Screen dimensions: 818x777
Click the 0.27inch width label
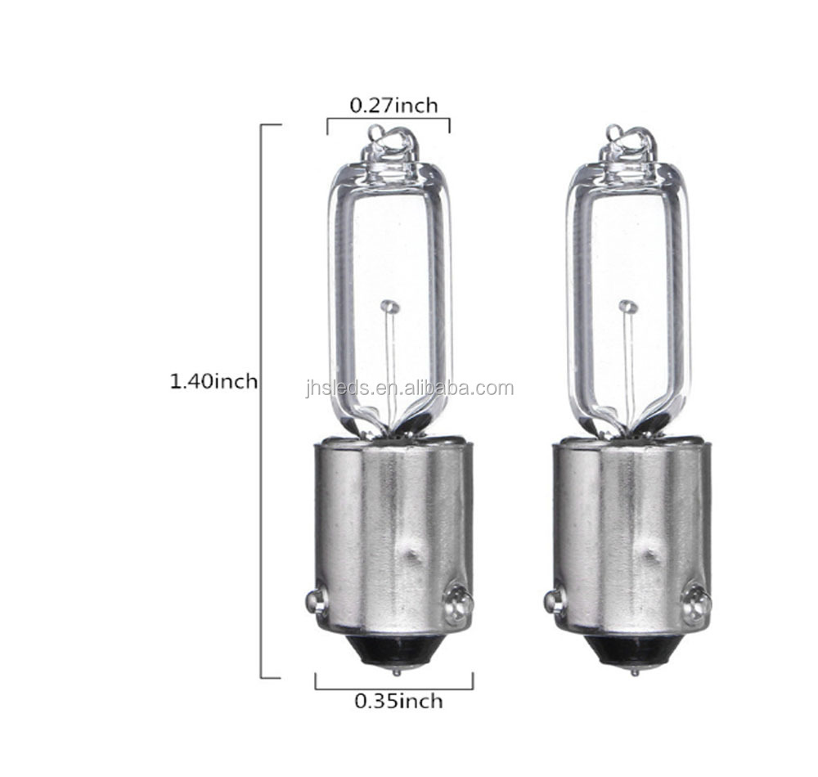click(393, 106)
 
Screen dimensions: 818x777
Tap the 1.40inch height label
click(213, 382)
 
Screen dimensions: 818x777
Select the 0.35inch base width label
click(398, 702)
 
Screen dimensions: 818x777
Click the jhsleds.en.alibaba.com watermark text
click(410, 388)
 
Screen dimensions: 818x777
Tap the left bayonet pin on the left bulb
click(316, 600)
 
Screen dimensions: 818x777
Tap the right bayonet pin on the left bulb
click(457, 603)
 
